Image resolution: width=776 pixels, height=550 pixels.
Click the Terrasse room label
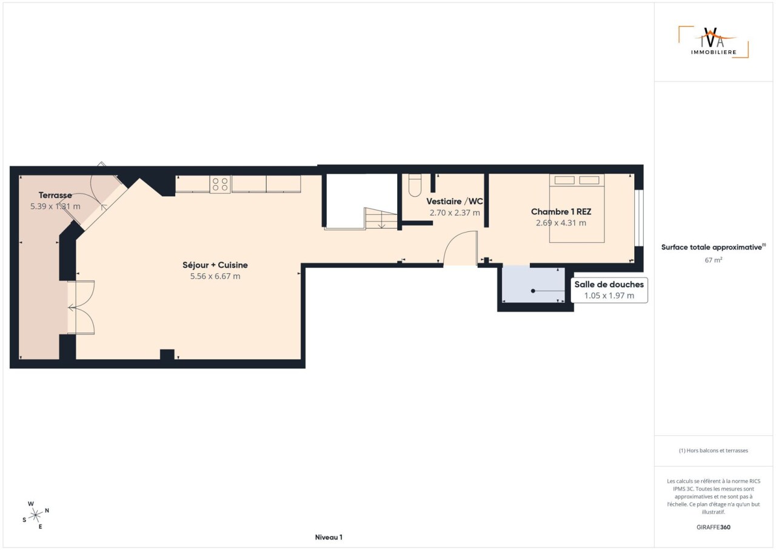55,195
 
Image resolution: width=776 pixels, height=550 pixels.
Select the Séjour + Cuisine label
215,265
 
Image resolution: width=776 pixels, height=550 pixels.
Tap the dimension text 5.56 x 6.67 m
215,276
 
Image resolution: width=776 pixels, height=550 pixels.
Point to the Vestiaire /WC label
455,202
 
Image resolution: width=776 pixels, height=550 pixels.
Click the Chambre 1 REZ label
561,211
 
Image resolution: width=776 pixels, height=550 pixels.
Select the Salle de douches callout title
609,284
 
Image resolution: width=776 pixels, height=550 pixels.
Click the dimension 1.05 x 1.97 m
609,296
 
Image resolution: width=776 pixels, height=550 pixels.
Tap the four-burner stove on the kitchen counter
220,184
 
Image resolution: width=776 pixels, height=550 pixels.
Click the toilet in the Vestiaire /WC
415,185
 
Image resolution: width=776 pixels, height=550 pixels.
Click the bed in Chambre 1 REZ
577,208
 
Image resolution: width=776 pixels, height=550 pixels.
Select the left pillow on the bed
564,180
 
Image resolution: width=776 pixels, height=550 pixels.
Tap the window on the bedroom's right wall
640,218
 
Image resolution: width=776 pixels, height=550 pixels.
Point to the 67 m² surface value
714,260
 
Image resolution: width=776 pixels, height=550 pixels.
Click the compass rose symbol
35,515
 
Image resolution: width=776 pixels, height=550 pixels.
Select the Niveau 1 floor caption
329,537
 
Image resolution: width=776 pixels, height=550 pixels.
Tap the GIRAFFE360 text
714,527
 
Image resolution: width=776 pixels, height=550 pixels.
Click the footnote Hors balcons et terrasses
714,450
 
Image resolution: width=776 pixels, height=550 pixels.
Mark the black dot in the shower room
533,291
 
